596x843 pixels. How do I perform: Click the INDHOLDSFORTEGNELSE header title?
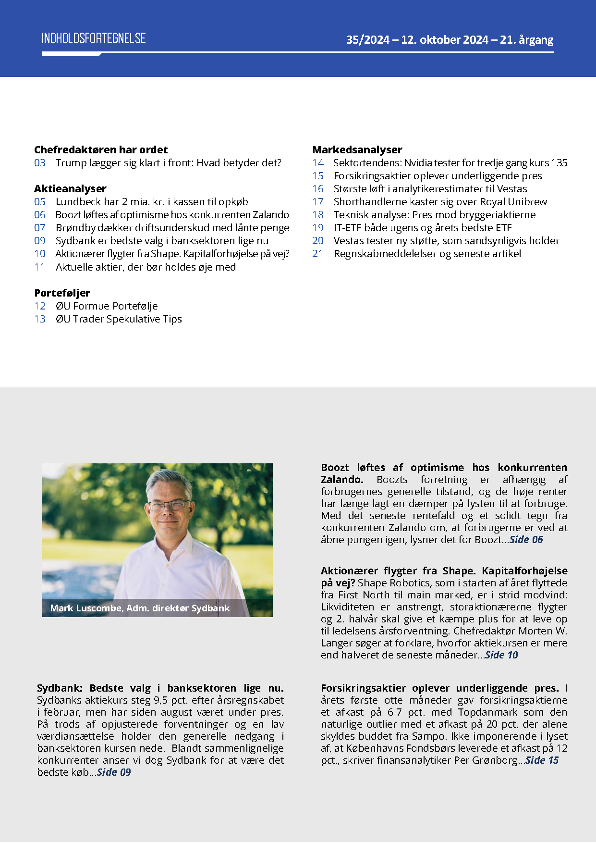(94, 39)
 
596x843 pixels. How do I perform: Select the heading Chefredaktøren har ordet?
(101, 149)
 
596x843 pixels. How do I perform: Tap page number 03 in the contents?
(40, 163)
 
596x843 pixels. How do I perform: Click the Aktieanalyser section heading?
(70, 188)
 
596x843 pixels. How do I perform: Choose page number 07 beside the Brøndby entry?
(40, 228)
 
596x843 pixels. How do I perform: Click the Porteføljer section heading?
(62, 293)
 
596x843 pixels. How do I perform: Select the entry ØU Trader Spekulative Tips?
(119, 319)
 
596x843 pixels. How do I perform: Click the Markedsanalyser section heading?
(357, 149)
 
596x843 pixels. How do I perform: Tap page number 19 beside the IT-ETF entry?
(318, 228)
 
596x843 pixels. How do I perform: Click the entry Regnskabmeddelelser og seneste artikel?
(427, 254)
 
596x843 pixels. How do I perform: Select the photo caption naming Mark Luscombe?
(140, 608)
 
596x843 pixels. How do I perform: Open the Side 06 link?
(526, 540)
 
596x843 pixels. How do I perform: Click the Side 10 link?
(501, 655)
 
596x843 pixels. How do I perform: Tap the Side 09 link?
(114, 772)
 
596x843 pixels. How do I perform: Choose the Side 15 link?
(542, 760)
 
